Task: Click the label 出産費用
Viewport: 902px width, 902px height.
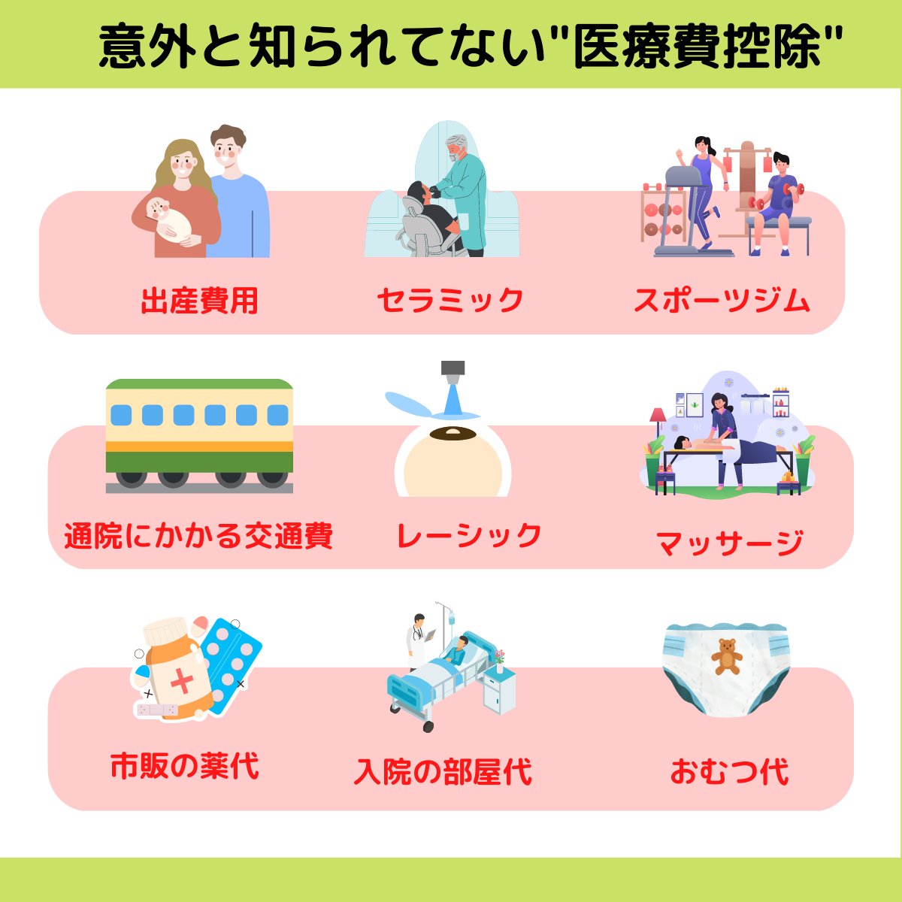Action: [199, 301]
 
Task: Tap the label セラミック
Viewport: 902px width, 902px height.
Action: [449, 300]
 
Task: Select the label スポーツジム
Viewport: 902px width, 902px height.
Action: [722, 301]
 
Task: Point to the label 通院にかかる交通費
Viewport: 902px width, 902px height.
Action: [198, 536]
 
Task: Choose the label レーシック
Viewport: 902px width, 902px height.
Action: [468, 535]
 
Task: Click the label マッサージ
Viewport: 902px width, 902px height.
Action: [729, 542]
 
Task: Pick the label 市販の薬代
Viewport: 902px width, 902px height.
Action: [185, 767]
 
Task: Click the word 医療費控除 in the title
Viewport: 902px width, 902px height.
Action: [696, 47]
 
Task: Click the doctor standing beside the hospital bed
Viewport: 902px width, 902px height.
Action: [416, 639]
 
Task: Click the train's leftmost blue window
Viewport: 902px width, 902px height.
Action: [121, 415]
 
